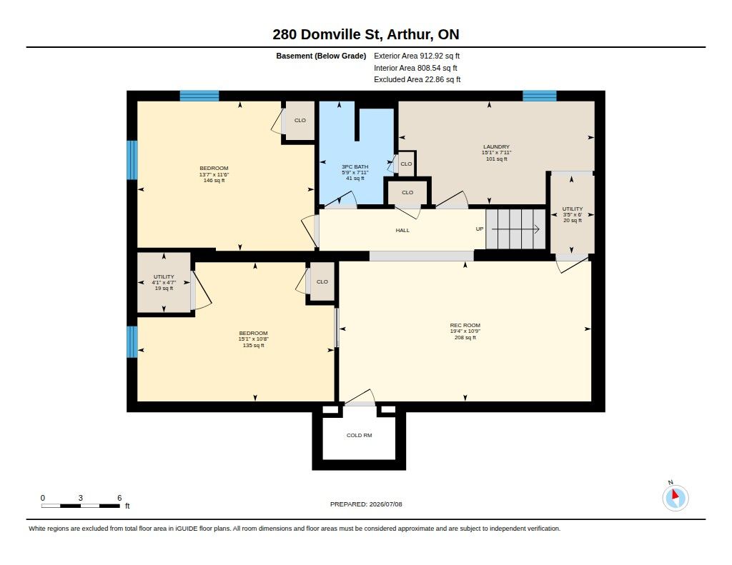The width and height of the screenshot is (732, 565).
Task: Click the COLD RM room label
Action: point(359,435)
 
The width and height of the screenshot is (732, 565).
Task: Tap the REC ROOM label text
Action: point(465,325)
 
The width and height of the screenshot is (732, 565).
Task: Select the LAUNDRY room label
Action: point(496,146)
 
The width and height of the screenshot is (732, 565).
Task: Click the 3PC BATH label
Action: point(355,166)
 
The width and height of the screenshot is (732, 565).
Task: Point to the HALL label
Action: point(402,230)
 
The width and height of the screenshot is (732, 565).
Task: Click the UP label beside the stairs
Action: point(480,229)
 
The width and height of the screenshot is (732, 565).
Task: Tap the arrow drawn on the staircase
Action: point(516,229)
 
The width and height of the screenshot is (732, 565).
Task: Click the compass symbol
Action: point(675,497)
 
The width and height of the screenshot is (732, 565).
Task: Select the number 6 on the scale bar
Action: point(119,498)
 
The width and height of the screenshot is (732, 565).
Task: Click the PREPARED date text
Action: point(366,504)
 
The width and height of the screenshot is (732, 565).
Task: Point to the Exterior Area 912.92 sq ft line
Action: point(417,56)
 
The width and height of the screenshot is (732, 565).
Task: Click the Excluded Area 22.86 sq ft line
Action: point(417,79)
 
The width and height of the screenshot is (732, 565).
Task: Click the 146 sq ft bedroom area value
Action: point(214,180)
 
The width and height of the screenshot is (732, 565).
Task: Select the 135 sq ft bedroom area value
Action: point(254,345)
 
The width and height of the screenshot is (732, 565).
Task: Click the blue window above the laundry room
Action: point(540,96)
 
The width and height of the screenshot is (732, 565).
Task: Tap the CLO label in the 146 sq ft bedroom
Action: point(300,121)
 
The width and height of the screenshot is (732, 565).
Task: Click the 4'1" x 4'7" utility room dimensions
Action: point(164,282)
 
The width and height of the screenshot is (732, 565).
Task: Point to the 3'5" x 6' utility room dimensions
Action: point(573,214)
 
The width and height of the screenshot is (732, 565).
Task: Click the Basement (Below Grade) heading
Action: point(321,56)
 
